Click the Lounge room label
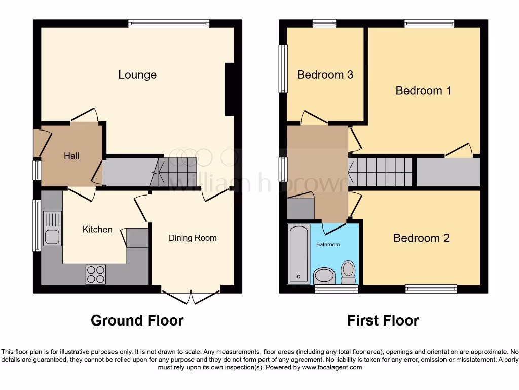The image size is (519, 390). [x=137, y=75]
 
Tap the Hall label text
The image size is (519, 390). [x=71, y=156]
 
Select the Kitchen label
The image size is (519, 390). [x=97, y=230]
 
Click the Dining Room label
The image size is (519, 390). [x=193, y=238]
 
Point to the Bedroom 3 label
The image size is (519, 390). [x=325, y=75]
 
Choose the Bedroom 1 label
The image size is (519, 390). [x=423, y=91]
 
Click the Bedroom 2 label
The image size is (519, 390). [x=421, y=238]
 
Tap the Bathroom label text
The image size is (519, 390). [x=328, y=244]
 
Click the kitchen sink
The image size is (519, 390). [x=52, y=229]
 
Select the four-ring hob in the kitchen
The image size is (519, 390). [x=96, y=274]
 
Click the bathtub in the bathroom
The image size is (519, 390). [x=298, y=254]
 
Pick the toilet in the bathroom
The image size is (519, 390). [x=348, y=272]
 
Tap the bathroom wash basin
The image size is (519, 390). [x=324, y=276]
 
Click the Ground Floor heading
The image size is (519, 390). [x=137, y=320]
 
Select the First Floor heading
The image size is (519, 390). [x=383, y=320]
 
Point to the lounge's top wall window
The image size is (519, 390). [x=169, y=23]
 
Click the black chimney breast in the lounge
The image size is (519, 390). [x=230, y=89]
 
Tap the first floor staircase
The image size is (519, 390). [x=381, y=172]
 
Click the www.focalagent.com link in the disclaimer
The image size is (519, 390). [x=331, y=367]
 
